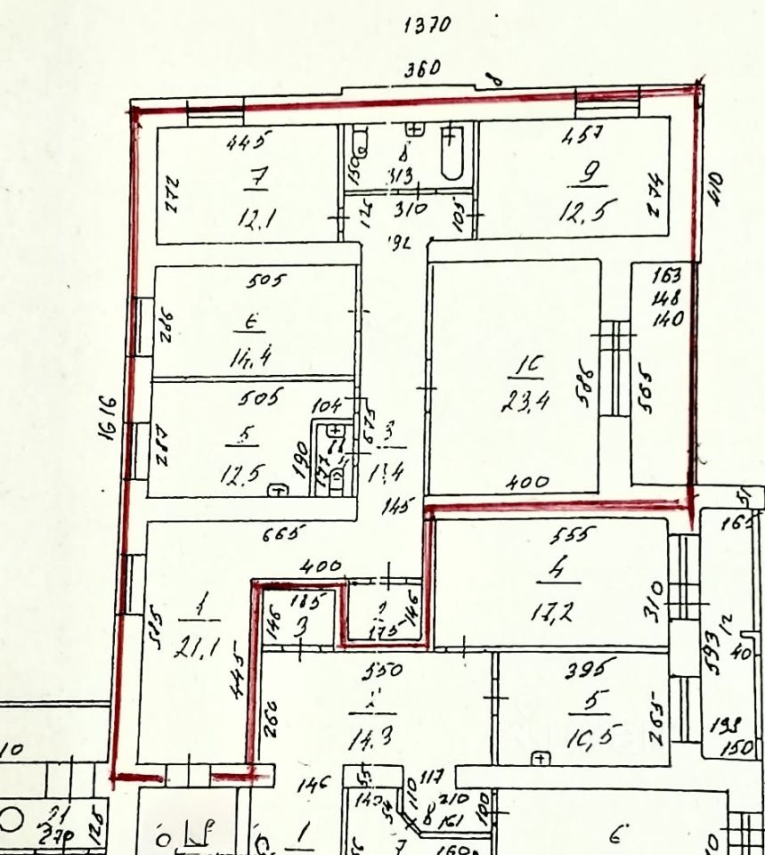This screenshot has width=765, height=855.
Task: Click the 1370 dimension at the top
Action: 427,26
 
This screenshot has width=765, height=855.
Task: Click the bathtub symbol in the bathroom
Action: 452,156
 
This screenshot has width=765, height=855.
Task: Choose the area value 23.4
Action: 525,401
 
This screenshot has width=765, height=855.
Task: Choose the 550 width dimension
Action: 381,670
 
